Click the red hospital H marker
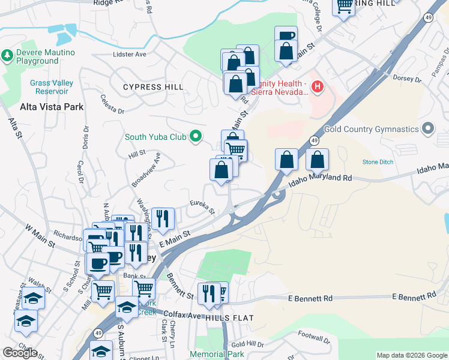(318, 88)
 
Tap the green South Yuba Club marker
(194, 137)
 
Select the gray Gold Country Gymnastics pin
(427, 129)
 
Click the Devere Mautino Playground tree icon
(7, 56)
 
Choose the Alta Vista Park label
(52, 107)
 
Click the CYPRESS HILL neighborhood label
(153, 87)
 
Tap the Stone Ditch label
(378, 162)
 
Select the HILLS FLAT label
(229, 317)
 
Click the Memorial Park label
(217, 354)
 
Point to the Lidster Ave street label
(130, 54)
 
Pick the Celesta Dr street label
(112, 104)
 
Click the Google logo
(20, 353)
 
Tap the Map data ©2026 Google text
(411, 355)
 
